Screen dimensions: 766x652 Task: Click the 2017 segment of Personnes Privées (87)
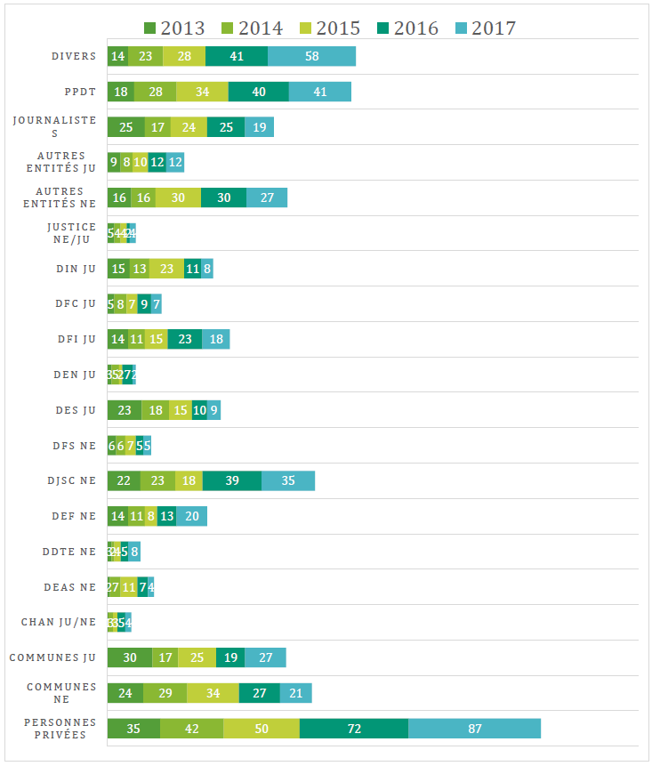[474, 729]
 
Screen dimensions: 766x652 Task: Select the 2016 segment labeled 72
[354, 729]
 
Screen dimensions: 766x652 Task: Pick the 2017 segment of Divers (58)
[311, 56]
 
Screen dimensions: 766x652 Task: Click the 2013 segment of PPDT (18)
[121, 92]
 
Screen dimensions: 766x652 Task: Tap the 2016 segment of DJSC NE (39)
[232, 480]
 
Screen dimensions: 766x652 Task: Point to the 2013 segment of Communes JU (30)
[130, 657]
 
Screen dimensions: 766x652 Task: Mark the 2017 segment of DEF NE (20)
[191, 516]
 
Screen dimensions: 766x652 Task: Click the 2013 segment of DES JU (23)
[125, 410]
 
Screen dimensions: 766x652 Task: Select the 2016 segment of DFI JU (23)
[185, 339]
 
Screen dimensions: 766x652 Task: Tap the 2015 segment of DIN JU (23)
[166, 269]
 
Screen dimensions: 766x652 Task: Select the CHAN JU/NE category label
[58, 622]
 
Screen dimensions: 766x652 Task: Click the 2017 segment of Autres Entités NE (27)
[267, 198]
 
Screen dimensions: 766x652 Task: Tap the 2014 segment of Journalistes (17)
[157, 127]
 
